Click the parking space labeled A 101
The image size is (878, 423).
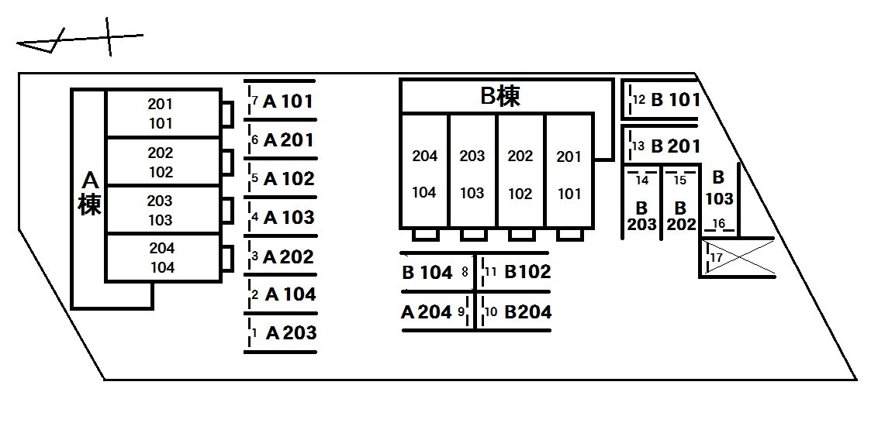tap(281, 101)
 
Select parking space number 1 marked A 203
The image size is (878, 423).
tap(281, 333)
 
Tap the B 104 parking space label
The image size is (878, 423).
tap(427, 273)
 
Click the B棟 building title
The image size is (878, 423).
tap(500, 96)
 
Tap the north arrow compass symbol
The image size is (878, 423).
tap(80, 38)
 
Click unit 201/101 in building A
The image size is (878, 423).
tap(162, 113)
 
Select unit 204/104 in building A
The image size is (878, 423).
tap(162, 257)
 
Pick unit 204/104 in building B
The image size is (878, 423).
tap(424, 170)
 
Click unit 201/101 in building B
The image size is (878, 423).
tap(569, 170)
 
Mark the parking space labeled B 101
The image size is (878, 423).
tap(661, 100)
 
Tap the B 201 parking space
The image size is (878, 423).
tap(661, 146)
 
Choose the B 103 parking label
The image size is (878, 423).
tap(719, 188)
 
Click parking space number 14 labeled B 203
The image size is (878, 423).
tap(641, 201)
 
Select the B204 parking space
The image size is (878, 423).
tap(513, 311)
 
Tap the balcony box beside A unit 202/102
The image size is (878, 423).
tap(227, 162)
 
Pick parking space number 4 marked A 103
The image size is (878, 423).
tap(281, 217)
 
